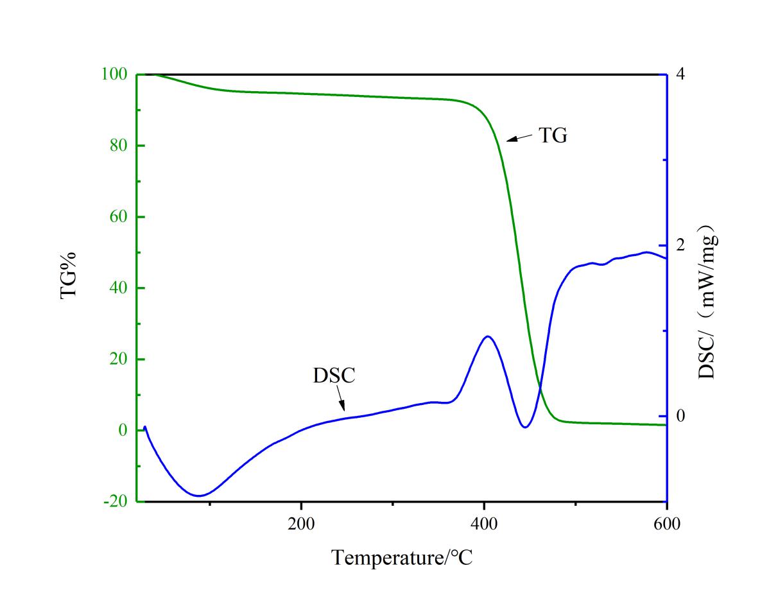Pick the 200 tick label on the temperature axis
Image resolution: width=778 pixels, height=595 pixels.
(x=301, y=524)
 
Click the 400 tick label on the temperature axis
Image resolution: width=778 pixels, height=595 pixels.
(x=484, y=524)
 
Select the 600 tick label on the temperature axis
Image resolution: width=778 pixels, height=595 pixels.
(x=667, y=524)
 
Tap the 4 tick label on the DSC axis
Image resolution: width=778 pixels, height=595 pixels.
(x=680, y=74)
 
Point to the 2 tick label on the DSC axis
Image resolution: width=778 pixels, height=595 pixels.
(x=680, y=245)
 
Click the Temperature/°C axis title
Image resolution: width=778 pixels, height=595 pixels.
(x=402, y=557)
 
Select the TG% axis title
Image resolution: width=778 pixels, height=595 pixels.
(x=69, y=274)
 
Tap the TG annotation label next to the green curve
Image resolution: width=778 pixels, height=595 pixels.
(x=553, y=136)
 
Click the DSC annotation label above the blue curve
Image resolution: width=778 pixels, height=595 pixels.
(x=334, y=375)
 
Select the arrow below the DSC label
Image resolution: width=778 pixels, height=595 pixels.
(x=341, y=399)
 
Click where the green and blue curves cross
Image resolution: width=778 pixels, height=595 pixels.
(x=540, y=387)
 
